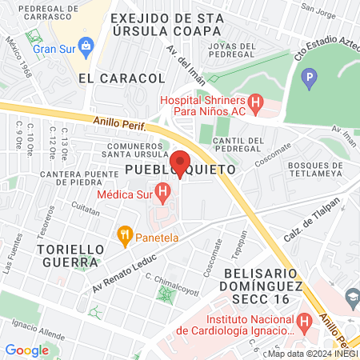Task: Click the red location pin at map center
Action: tap(180, 162)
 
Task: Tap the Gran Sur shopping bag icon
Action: tap(85, 45)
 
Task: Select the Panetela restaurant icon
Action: tap(124, 235)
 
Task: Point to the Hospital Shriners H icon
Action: tap(255, 103)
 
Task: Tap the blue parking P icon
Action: tap(309, 78)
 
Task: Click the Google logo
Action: tap(26, 350)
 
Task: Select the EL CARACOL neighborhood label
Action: tap(122, 78)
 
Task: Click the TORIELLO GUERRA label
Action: tap(70, 257)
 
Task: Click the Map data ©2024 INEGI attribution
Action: tap(312, 353)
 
